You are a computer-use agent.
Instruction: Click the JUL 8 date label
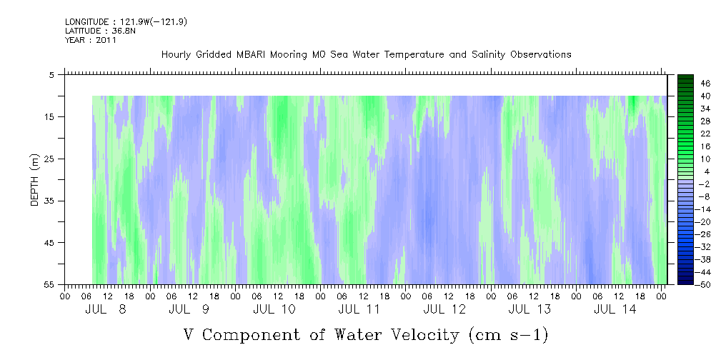[x=105, y=309]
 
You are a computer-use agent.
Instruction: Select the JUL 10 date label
[x=274, y=309]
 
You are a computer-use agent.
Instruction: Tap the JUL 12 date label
[x=444, y=309]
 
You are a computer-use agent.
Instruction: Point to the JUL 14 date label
[x=615, y=309]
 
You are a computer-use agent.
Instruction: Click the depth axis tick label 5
[x=51, y=74]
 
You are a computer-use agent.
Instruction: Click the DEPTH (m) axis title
[x=35, y=180]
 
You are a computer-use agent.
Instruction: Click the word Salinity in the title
[x=489, y=55]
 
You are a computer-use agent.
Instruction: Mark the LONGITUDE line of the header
[x=126, y=21]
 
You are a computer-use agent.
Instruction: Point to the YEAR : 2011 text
[x=91, y=40]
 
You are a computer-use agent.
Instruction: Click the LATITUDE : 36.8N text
[x=100, y=31]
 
